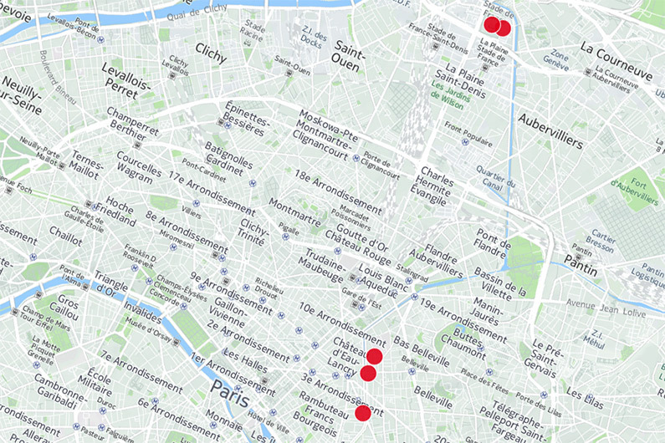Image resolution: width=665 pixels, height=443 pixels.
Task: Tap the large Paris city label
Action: [x=231, y=390]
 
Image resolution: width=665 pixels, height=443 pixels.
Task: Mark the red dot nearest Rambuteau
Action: [x=362, y=413]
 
